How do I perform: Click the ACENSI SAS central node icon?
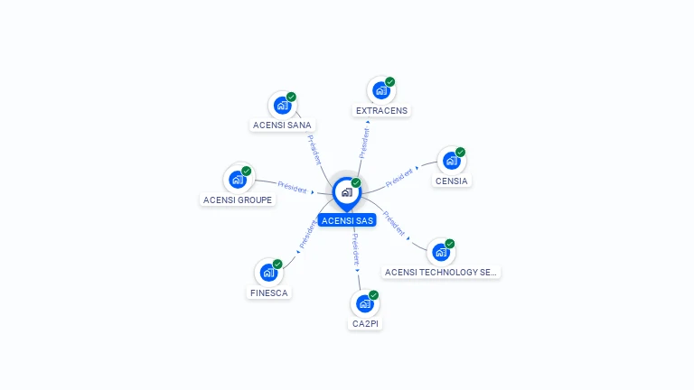click(346, 192)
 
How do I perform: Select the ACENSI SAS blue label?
click(347, 220)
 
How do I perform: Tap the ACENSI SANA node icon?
click(282, 106)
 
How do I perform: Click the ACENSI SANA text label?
click(282, 125)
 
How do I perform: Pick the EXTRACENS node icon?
click(381, 90)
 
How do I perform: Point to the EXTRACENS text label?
click(381, 110)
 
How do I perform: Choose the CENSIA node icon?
click(451, 161)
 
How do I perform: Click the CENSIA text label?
click(451, 181)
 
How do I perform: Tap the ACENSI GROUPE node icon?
click(238, 179)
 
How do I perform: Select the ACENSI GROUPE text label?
click(238, 200)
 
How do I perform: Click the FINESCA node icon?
click(268, 272)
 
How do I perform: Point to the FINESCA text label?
click(268, 292)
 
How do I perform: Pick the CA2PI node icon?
click(364, 303)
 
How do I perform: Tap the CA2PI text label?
click(365, 323)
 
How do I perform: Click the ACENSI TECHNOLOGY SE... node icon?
click(440, 252)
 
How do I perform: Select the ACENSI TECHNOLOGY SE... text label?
click(441, 272)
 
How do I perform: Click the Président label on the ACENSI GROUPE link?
click(293, 186)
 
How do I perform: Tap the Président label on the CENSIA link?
click(399, 177)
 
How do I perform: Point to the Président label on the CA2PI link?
click(355, 247)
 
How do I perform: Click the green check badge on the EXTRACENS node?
click(390, 82)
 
